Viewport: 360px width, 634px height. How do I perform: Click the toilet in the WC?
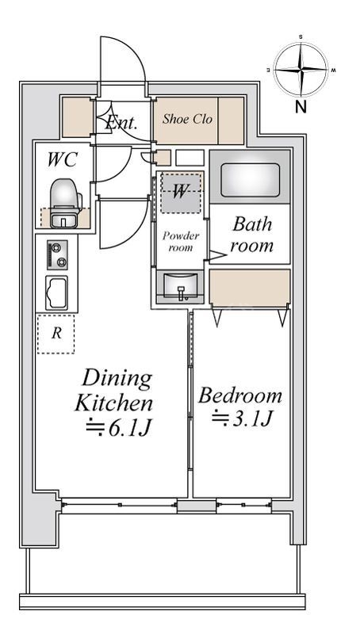[x=65, y=202]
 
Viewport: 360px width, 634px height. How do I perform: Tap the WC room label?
[x=62, y=160]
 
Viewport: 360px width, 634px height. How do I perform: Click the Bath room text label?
[x=251, y=235]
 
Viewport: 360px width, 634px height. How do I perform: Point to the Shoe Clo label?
[x=187, y=119]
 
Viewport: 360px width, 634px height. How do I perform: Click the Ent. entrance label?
[x=121, y=122]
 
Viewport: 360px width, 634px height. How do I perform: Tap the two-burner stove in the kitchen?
[x=57, y=254]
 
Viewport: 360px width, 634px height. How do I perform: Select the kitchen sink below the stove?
[x=56, y=292]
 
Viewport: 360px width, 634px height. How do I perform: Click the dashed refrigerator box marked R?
[x=56, y=334]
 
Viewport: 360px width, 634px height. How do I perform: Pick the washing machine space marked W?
[x=182, y=193]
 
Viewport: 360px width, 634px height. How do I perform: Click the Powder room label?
[x=181, y=242]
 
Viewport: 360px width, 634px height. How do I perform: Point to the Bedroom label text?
[x=239, y=395]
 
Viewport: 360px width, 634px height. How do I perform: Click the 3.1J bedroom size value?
[x=240, y=419]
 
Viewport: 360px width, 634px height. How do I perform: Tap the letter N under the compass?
[x=301, y=108]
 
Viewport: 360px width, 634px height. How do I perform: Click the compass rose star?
[x=301, y=70]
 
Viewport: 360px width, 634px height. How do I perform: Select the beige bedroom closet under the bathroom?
[x=250, y=287]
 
